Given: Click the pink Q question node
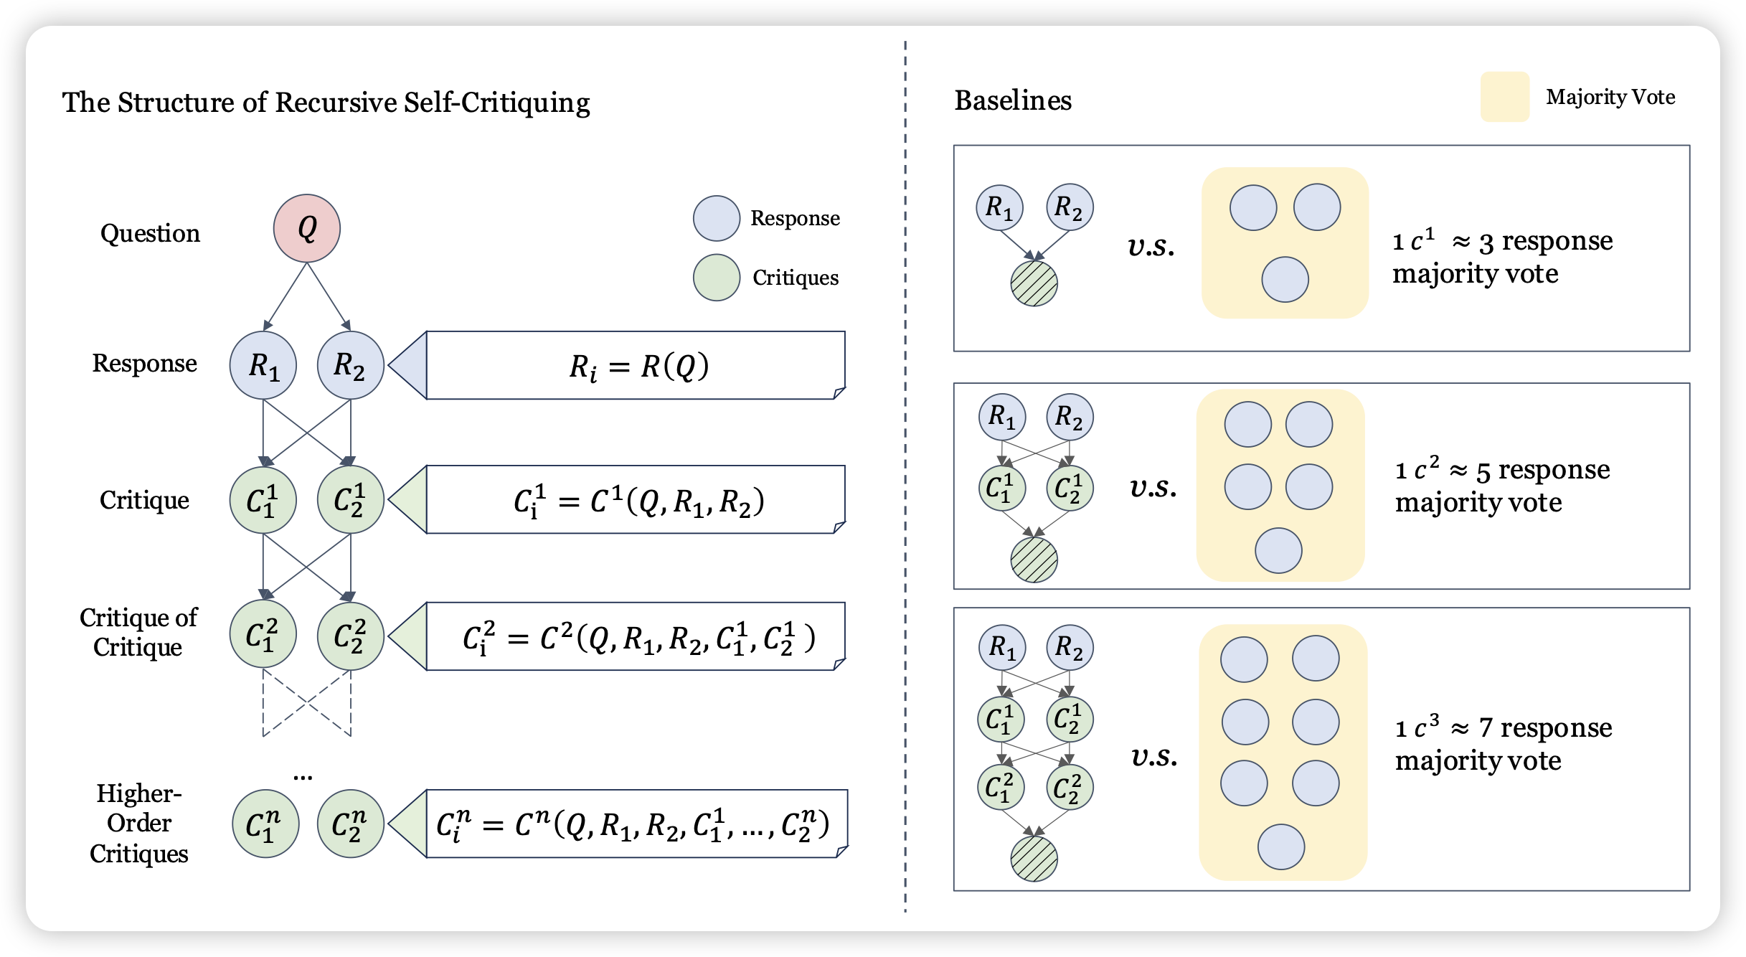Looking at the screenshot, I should pyautogui.click(x=306, y=228).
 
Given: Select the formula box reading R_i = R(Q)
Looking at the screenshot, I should pyautogui.click(x=636, y=365).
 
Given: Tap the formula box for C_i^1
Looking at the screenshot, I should pyautogui.click(x=636, y=500).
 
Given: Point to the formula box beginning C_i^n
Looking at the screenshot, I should pyautogui.click(x=636, y=824).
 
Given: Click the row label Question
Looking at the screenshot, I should pyautogui.click(x=150, y=233).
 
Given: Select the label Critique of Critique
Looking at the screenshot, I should pyautogui.click(x=138, y=632).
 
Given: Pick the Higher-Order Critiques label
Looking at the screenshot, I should pyautogui.click(x=139, y=824).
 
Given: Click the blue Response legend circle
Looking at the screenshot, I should pyautogui.click(x=716, y=218).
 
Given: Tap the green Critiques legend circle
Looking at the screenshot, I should pyautogui.click(x=716, y=278).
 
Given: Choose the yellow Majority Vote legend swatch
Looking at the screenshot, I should pyautogui.click(x=1504, y=97).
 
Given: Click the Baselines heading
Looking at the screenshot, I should pyautogui.click(x=1012, y=100).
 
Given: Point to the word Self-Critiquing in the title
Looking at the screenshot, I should pyautogui.click(x=496, y=103).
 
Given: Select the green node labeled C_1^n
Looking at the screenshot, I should pyautogui.click(x=265, y=824).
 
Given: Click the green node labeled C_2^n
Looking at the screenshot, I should pyautogui.click(x=351, y=824).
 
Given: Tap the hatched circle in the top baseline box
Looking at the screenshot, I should pyautogui.click(x=1034, y=283).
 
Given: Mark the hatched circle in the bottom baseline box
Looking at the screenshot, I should pyautogui.click(x=1034, y=859).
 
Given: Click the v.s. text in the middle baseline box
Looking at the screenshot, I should pyautogui.click(x=1153, y=487).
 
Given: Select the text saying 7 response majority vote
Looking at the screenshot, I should pyautogui.click(x=1503, y=744).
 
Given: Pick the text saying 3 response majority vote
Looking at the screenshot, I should pyautogui.click(x=1503, y=257).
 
